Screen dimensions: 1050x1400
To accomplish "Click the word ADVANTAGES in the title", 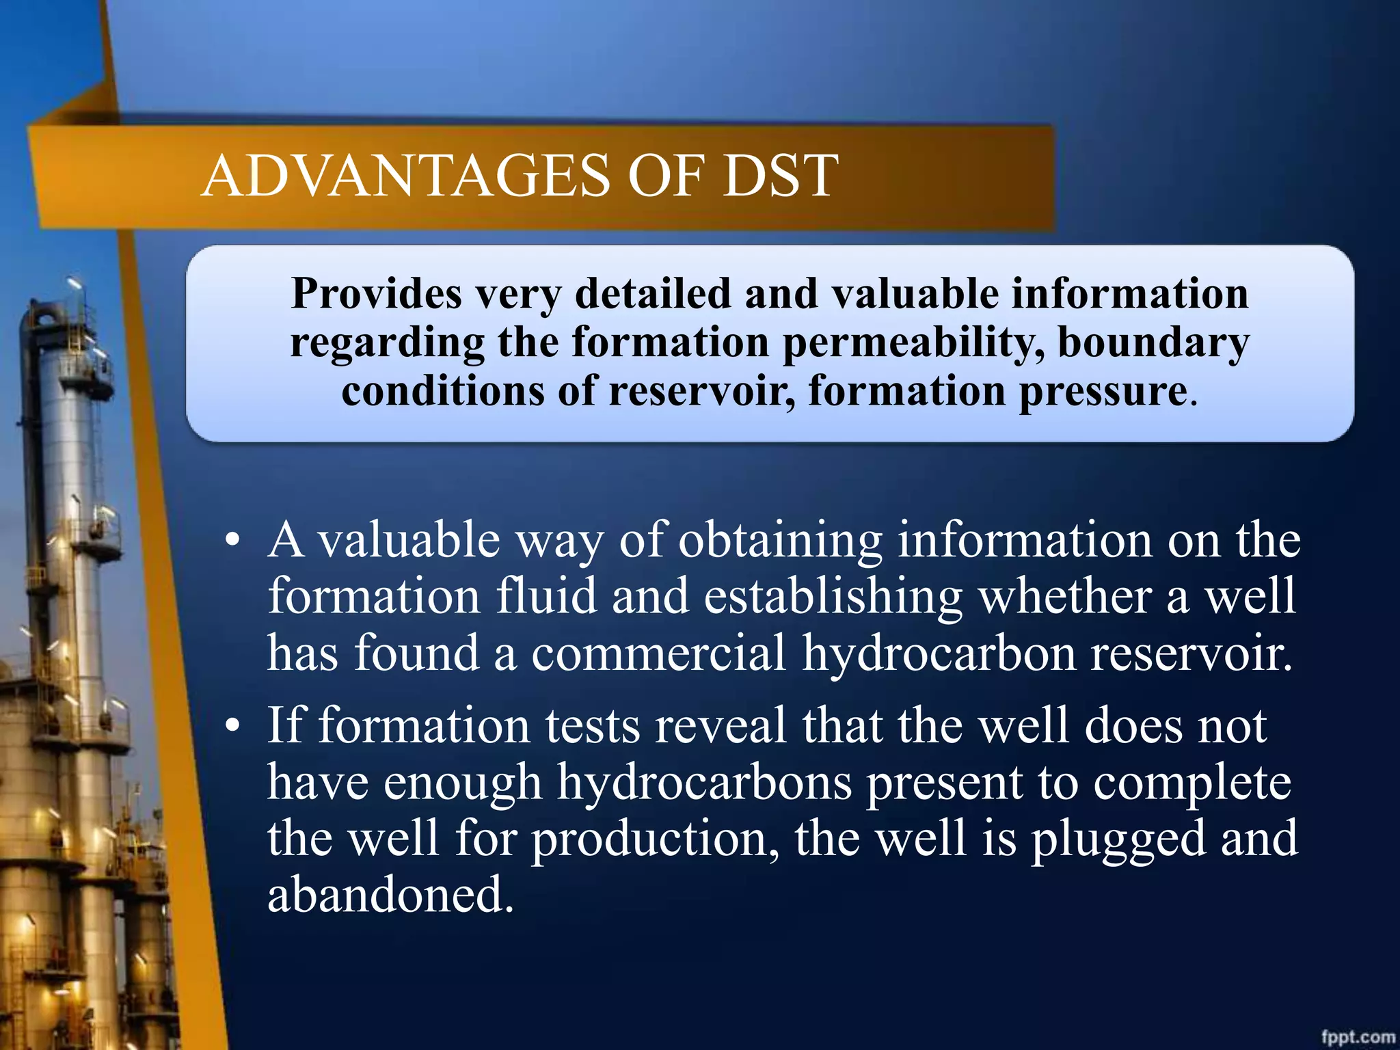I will pos(405,176).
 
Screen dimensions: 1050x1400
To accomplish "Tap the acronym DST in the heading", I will pos(779,176).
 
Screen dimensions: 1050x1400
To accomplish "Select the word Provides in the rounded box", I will pos(377,294).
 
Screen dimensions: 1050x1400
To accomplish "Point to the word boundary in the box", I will pos(1153,343).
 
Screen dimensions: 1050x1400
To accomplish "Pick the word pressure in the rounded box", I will pos(1103,392).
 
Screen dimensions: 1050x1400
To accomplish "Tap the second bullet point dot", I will pos(233,726).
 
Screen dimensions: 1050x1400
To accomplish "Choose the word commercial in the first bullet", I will pos(658,654).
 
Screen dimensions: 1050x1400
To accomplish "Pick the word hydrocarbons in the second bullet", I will pos(704,783).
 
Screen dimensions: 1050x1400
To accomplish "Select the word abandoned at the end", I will pos(390,896).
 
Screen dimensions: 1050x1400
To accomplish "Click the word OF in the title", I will pos(666,176).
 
